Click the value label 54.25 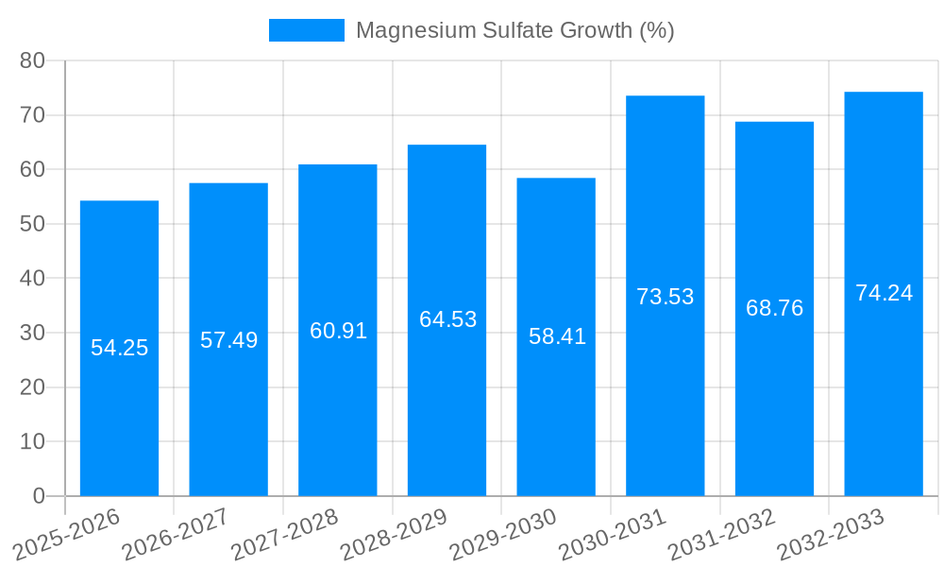tap(119, 348)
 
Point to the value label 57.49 tap(228, 340)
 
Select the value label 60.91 tap(338, 331)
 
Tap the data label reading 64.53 tap(447, 319)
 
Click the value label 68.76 tap(774, 308)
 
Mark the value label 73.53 tap(665, 297)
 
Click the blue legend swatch tap(307, 30)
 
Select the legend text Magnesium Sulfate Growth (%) tap(514, 30)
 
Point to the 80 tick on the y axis tap(32, 60)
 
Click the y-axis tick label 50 tap(32, 224)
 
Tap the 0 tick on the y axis tap(39, 496)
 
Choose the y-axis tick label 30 tap(32, 333)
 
